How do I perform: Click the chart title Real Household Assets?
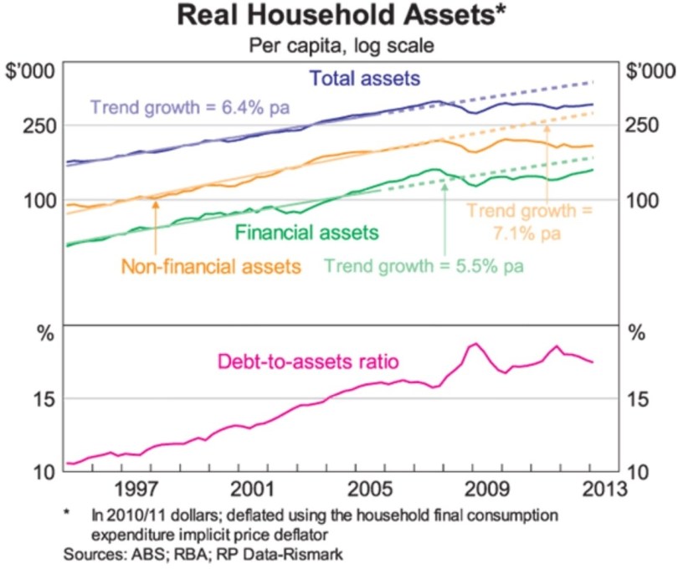point(340,17)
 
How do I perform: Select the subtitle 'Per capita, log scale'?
point(340,45)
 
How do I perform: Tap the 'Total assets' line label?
point(365,79)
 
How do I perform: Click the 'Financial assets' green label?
point(307,233)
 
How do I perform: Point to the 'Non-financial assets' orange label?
point(211,267)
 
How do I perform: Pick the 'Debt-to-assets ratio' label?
point(307,361)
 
